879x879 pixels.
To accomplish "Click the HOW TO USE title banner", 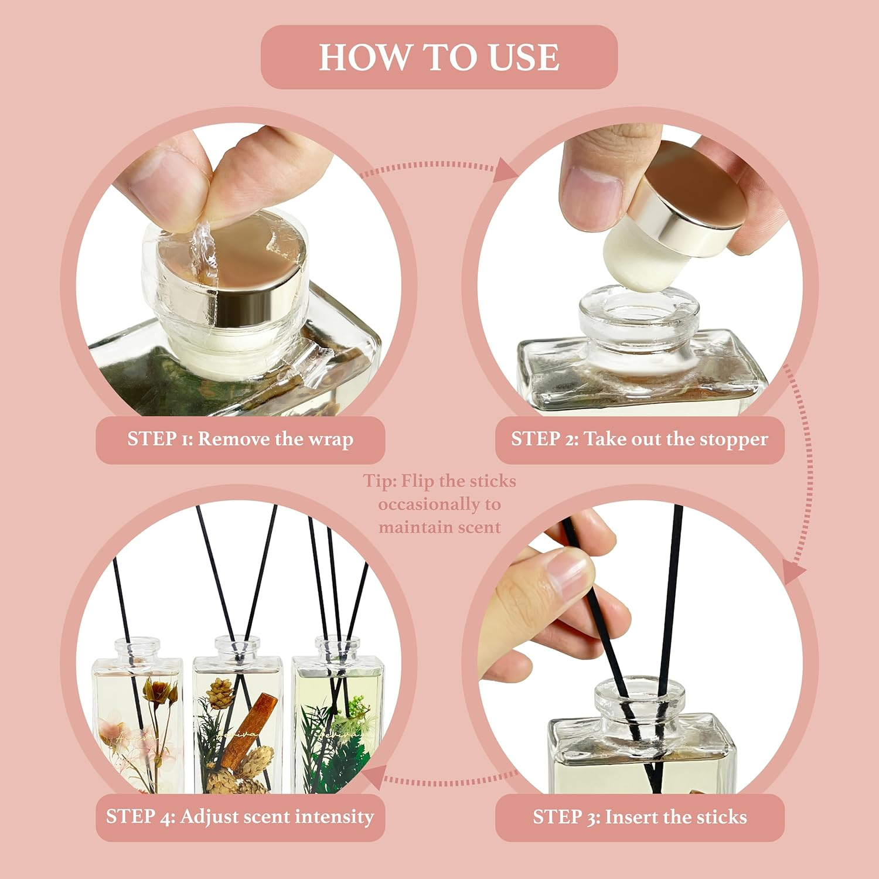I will tap(439, 57).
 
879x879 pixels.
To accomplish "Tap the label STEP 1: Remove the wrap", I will tap(240, 439).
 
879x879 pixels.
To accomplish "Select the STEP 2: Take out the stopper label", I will tap(639, 439).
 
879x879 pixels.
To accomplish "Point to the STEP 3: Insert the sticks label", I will tap(639, 817).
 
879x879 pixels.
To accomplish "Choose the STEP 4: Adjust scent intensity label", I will tap(240, 817).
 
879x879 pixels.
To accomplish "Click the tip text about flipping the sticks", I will tap(439, 504).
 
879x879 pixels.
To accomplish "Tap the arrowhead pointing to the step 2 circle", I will tap(505, 171).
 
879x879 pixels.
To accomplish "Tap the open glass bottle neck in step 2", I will tap(639, 311).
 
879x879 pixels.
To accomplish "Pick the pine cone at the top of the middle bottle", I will tap(221, 691).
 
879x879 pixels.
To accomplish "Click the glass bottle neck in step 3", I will tap(639, 703).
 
